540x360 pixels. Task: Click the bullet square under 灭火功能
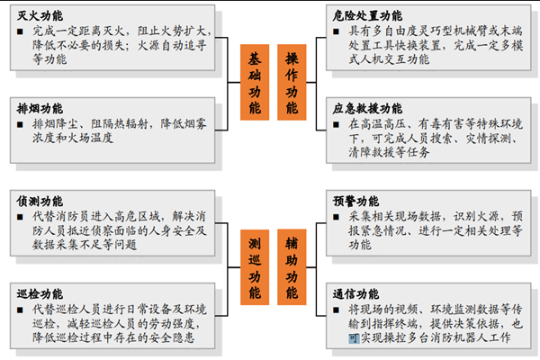(22, 31)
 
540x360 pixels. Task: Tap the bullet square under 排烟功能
(22, 124)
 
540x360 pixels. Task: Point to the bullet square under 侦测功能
(22, 217)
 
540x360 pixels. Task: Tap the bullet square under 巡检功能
(22, 310)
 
